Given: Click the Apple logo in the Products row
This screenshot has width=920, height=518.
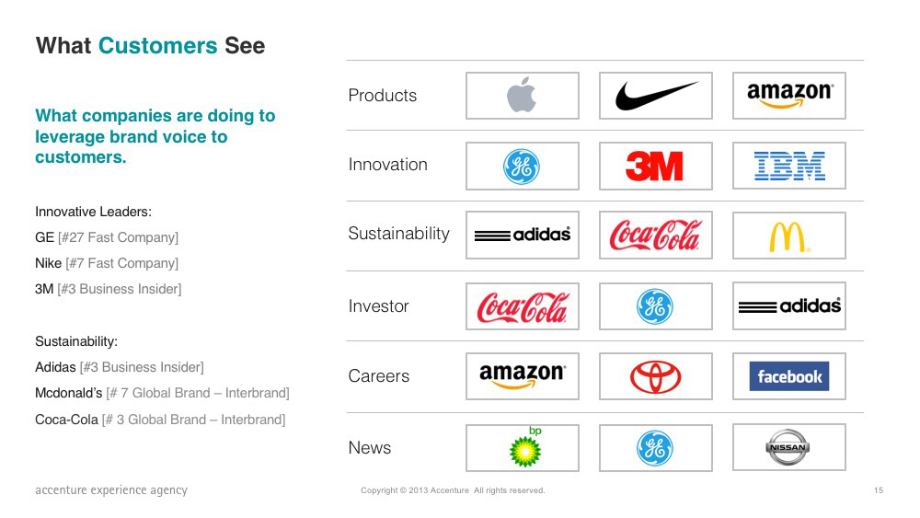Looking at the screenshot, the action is (522, 95).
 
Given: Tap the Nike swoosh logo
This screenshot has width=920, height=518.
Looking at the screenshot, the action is (656, 96).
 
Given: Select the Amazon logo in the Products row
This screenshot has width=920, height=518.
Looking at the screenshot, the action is (789, 95).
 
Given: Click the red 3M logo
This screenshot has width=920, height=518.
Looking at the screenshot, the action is (654, 166).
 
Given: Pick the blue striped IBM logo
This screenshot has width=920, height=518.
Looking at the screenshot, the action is (789, 166).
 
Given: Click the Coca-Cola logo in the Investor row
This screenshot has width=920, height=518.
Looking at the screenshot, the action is (523, 306).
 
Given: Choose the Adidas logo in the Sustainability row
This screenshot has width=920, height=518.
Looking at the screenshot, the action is (523, 235).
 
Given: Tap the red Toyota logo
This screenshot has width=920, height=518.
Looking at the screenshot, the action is (655, 376).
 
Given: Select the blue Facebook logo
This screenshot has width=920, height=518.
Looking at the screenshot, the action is (789, 376).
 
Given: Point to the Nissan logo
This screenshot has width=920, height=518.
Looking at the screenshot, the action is (788, 447).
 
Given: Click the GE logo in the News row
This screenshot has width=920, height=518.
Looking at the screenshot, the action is (655, 448).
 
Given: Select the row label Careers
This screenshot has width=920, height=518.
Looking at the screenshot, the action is (378, 376).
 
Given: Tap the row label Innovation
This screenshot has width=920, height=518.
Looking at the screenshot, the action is (388, 165).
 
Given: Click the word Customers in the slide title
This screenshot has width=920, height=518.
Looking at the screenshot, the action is (158, 46).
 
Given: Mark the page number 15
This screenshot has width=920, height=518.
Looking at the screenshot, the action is (879, 490).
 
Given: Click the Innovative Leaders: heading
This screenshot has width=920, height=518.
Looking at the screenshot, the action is (93, 212).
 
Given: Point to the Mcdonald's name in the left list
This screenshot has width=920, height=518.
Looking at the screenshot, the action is (69, 393).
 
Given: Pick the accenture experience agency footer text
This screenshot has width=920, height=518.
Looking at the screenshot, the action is (111, 490).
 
